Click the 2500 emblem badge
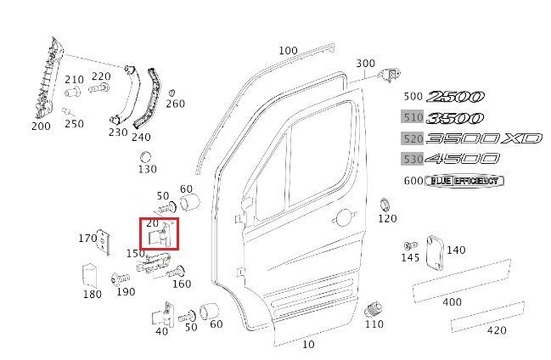(x=455, y=96)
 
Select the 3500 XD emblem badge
(x=484, y=138)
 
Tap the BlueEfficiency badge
(x=464, y=181)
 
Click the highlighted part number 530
(x=413, y=160)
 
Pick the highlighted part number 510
(x=413, y=117)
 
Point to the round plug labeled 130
(x=145, y=157)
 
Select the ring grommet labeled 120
(x=385, y=205)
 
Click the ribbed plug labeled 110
(x=374, y=309)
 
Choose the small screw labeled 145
(x=410, y=245)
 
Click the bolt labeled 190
(x=120, y=279)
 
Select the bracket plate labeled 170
(x=104, y=242)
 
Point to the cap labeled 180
(x=90, y=275)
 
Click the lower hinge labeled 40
(x=163, y=315)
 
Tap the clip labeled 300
(x=390, y=75)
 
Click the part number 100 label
(x=288, y=51)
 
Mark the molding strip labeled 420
(x=487, y=317)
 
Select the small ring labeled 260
(x=171, y=93)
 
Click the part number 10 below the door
(x=308, y=344)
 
